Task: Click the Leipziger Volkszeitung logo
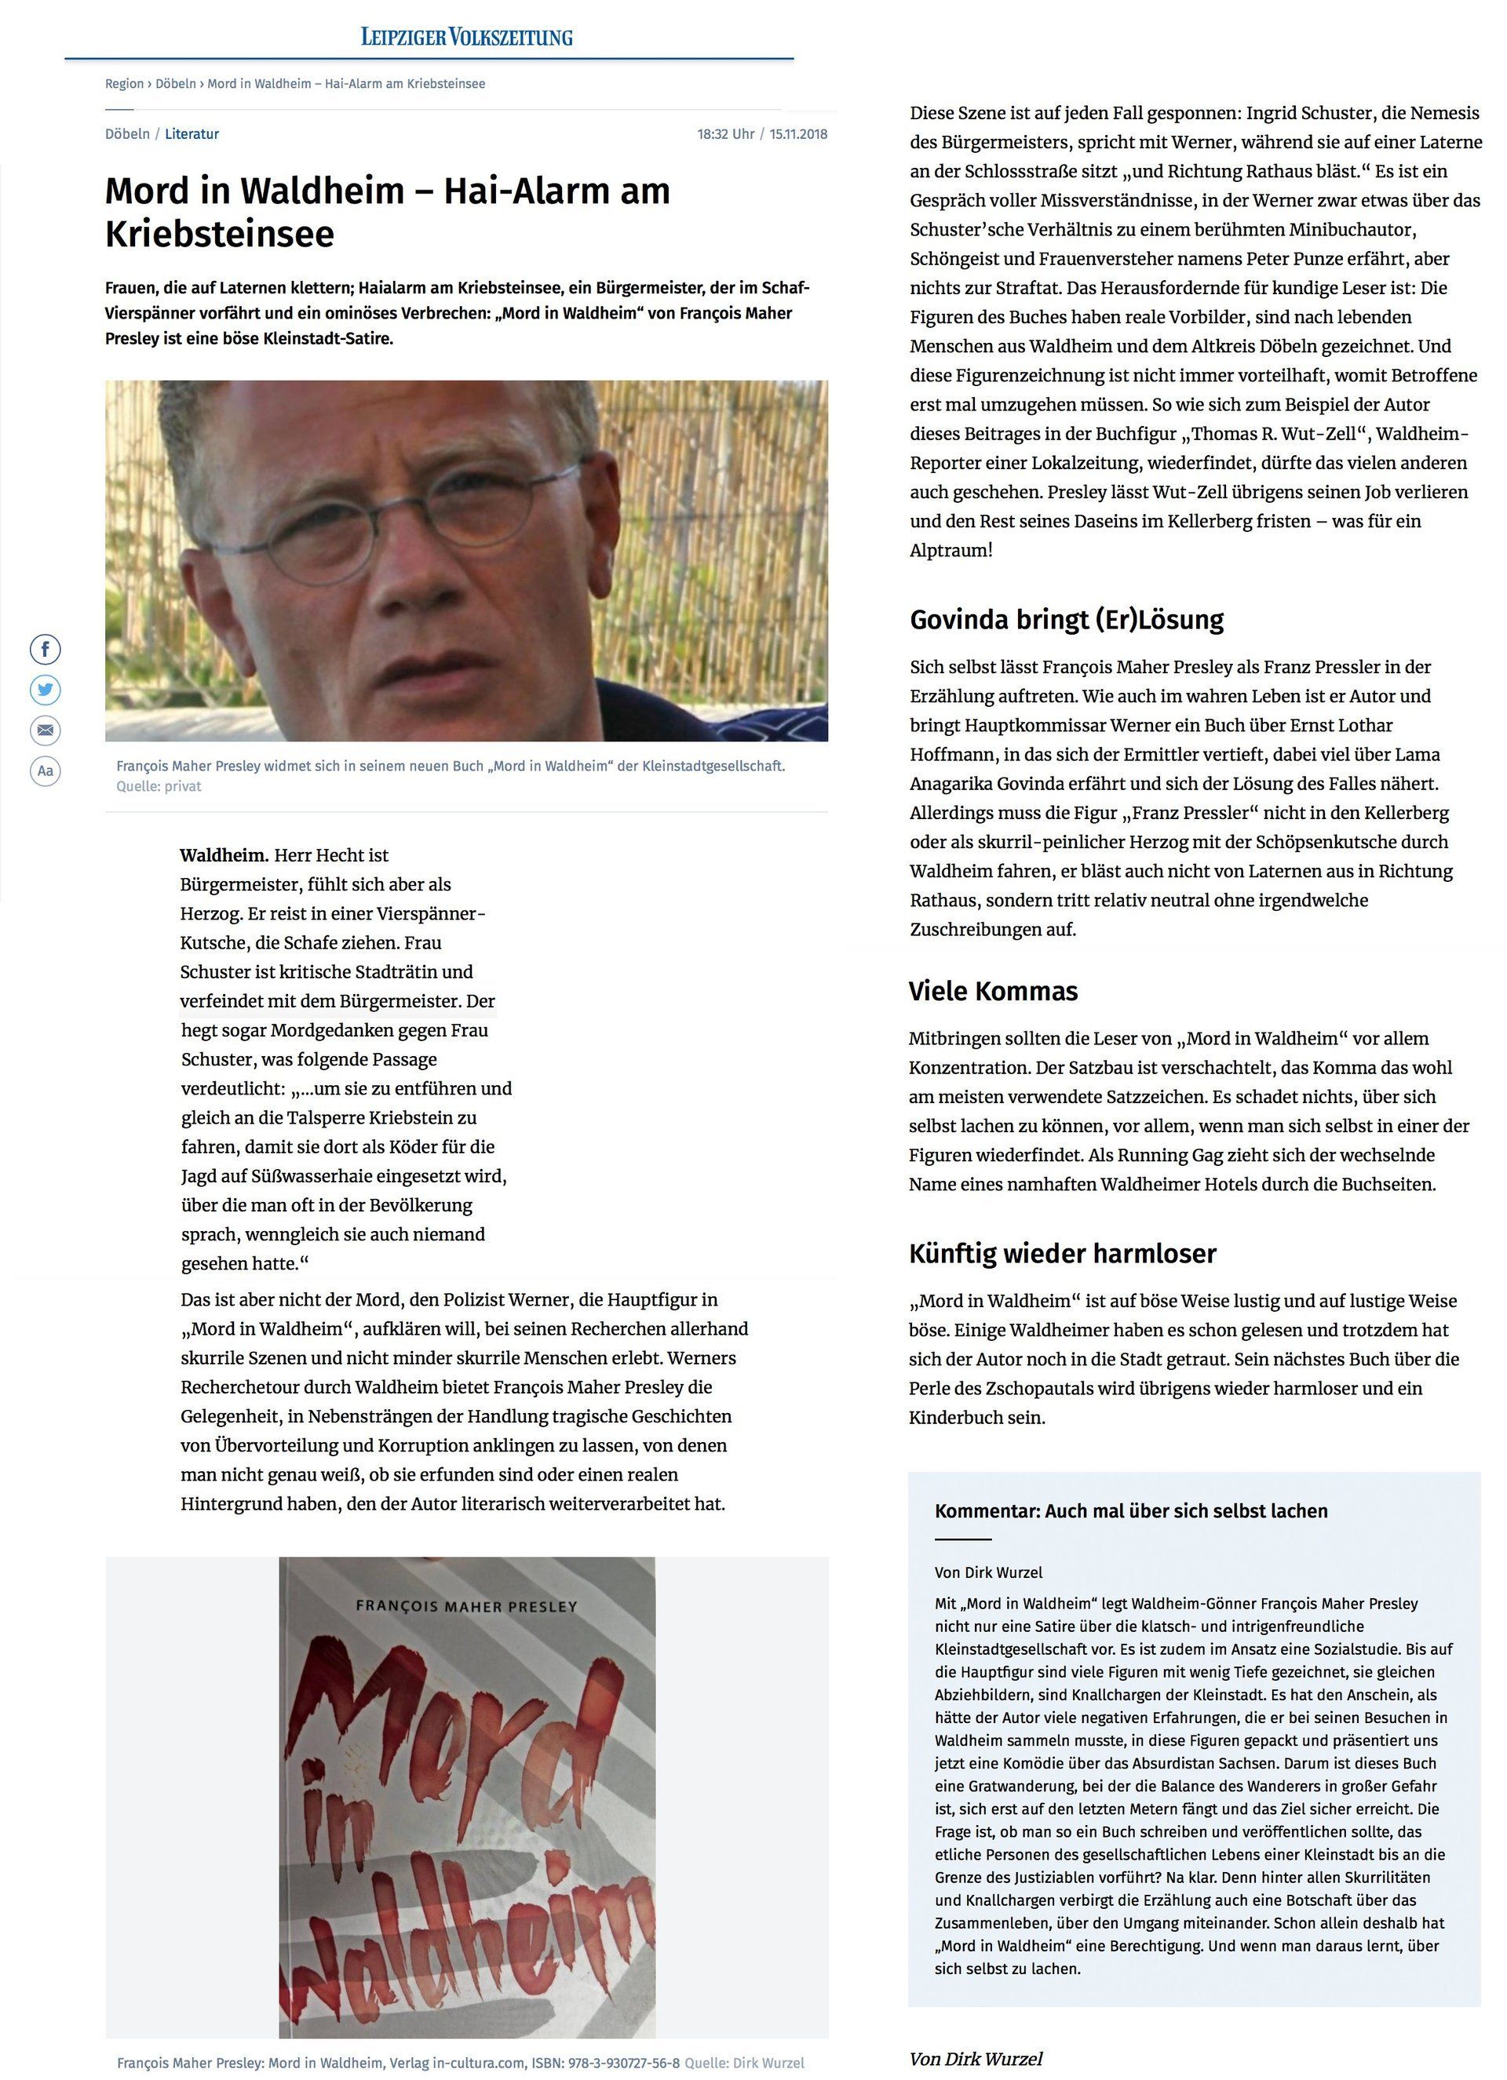[x=466, y=37]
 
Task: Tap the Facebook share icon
[x=46, y=650]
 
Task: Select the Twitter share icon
[x=46, y=690]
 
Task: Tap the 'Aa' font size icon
[x=46, y=770]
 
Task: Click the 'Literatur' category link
[x=192, y=134]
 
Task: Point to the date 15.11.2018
[x=798, y=134]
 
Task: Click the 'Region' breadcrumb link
[x=124, y=83]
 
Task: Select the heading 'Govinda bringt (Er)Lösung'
[x=1066, y=619]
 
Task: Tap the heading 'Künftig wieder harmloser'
[x=1062, y=1253]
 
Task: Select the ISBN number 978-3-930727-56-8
[x=624, y=2063]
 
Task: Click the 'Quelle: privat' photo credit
[x=159, y=786]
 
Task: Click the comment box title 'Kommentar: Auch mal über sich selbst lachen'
[x=1131, y=1510]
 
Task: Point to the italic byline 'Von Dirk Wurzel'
[x=976, y=2059]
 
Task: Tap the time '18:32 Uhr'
[x=724, y=134]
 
